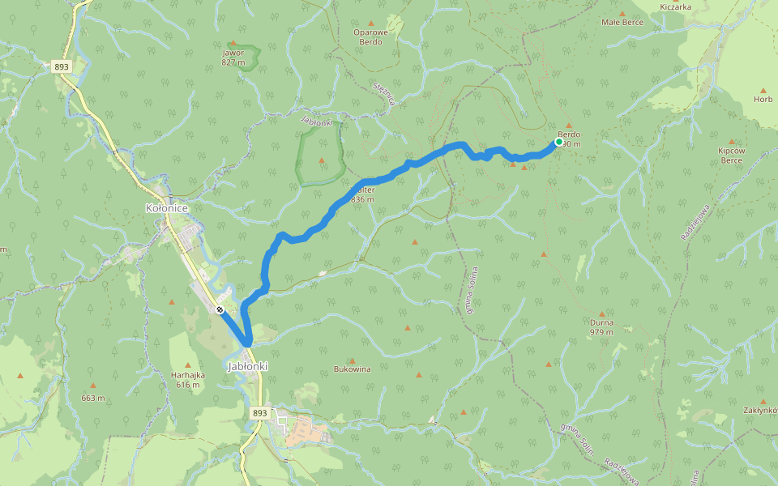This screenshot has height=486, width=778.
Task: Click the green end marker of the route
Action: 558,142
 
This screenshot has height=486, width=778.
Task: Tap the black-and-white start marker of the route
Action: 220,309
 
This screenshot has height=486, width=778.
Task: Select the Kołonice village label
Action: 166,208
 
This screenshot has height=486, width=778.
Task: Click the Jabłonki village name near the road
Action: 248,366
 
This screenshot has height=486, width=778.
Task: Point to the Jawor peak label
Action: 233,53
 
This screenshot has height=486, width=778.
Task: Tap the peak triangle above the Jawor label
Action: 233,43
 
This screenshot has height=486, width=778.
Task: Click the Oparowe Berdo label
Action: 372,36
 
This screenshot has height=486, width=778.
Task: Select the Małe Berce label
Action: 622,23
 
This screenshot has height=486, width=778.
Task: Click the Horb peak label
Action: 763,100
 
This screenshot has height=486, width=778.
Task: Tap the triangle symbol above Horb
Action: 763,89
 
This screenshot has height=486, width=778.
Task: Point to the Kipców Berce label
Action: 732,156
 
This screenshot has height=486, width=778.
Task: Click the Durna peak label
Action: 601,322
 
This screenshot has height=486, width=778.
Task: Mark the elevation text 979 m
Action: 601,332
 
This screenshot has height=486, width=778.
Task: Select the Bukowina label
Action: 352,369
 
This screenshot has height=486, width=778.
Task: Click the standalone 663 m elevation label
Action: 92,398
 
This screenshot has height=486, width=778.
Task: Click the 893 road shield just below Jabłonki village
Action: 259,412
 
